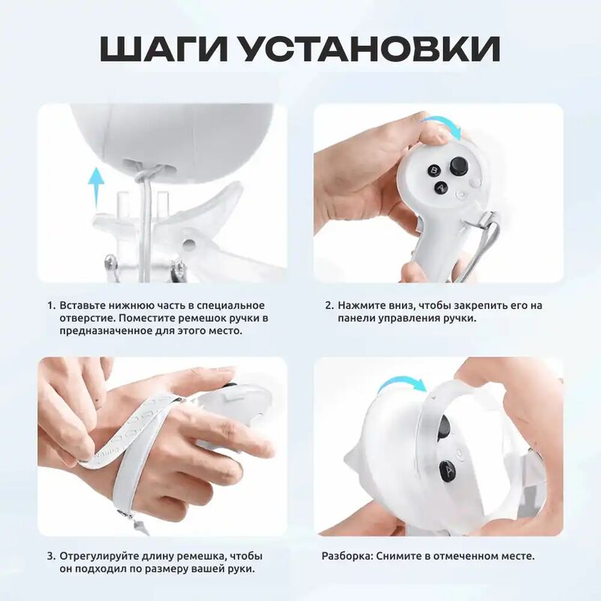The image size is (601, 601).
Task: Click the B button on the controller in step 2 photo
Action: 435,171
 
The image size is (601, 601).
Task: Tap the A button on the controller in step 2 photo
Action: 442,188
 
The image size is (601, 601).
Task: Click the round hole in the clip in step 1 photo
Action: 188,243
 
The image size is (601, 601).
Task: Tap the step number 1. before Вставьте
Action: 52,306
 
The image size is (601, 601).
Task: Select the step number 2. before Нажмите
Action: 330,306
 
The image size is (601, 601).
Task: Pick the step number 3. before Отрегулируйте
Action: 51,556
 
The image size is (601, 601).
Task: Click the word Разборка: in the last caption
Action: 347,556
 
